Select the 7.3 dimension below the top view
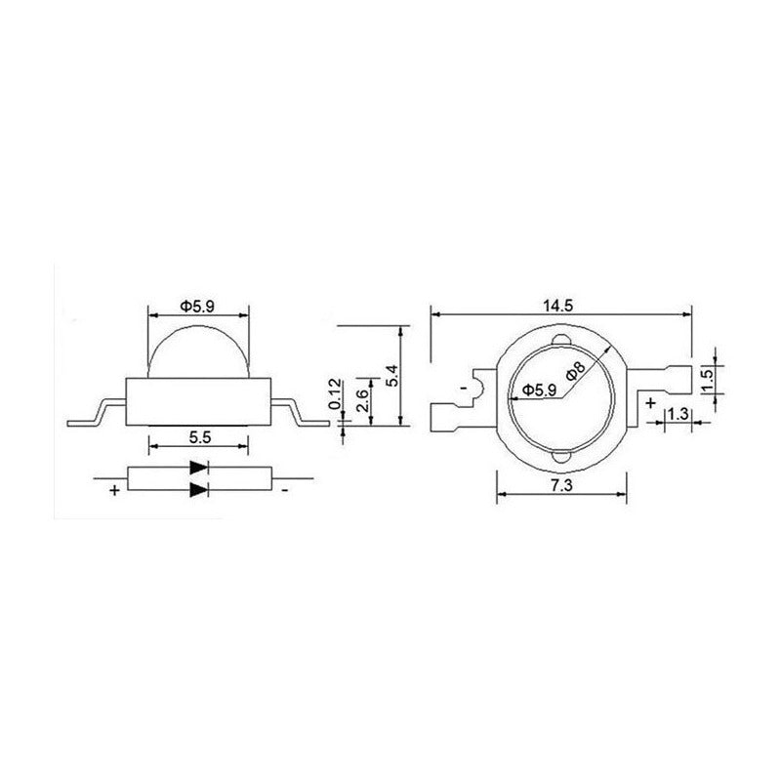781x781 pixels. [x=559, y=485]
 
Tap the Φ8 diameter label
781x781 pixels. [x=575, y=372]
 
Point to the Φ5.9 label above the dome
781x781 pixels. [x=198, y=306]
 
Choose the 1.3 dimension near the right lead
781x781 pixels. [x=679, y=415]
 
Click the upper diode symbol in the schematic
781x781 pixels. [x=198, y=468]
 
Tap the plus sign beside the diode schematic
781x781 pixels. [x=114, y=490]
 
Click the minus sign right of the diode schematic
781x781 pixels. [x=283, y=490]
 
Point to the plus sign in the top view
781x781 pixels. [x=650, y=400]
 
